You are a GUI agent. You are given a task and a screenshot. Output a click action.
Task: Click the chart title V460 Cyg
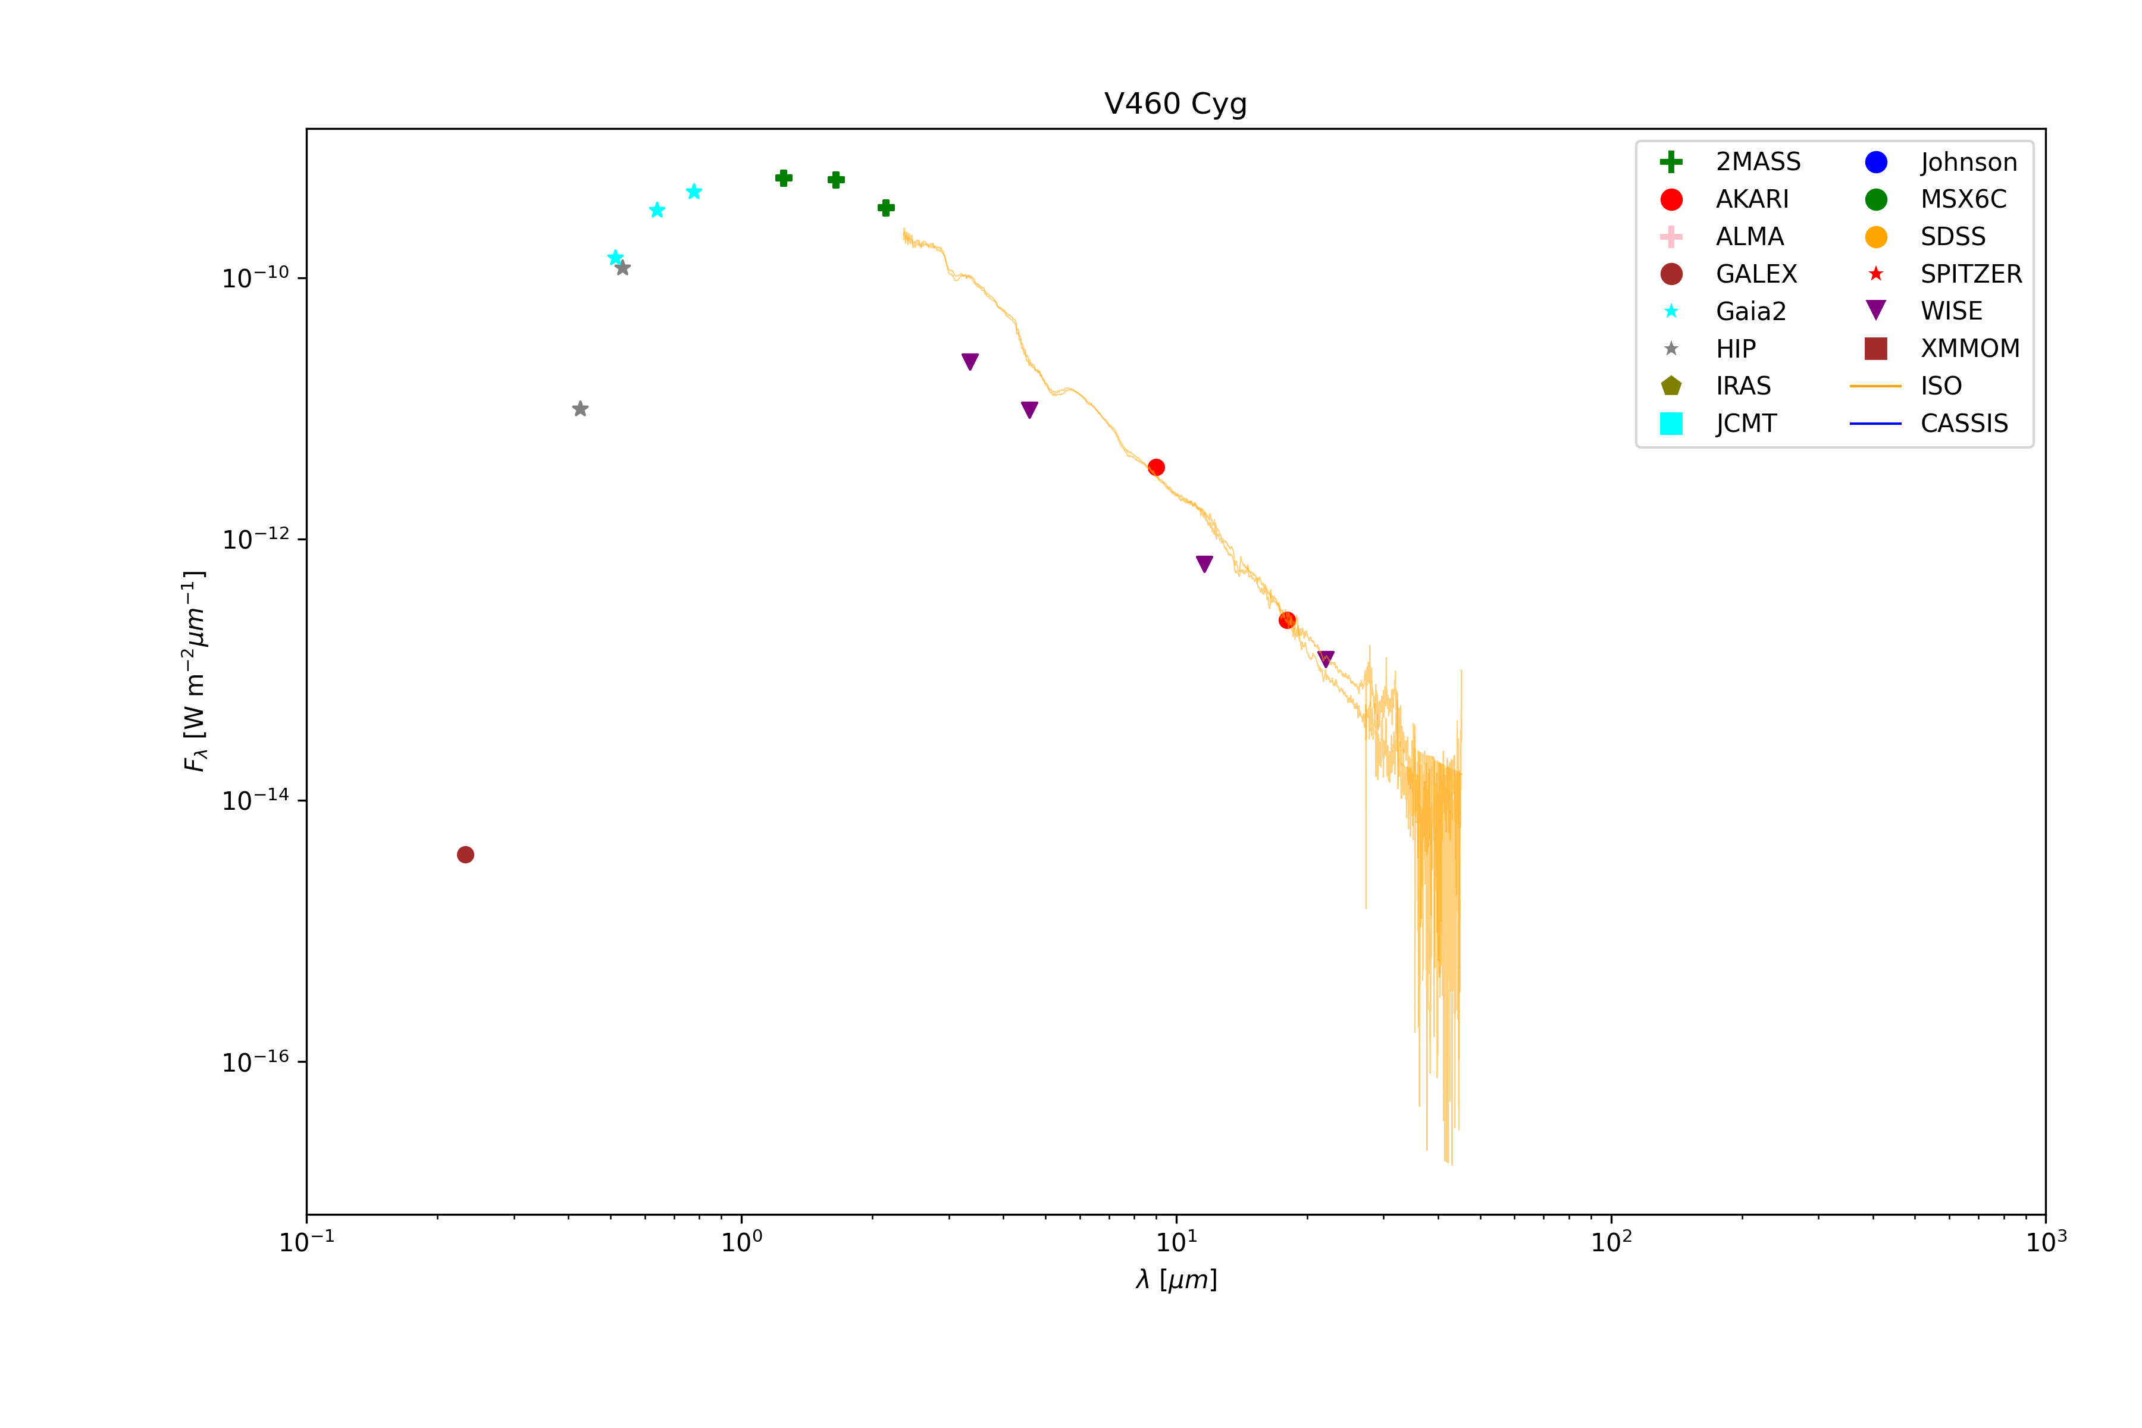click(1175, 104)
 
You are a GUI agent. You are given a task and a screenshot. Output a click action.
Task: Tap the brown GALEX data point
click(465, 854)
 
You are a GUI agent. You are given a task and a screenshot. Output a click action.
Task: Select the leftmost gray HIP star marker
click(580, 409)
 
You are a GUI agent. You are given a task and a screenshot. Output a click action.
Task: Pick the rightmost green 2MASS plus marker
click(886, 208)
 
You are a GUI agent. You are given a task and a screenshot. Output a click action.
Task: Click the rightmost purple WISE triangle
click(1326, 659)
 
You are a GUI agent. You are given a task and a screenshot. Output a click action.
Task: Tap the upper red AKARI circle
click(1155, 467)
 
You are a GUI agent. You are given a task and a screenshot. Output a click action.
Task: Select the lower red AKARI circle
click(1287, 620)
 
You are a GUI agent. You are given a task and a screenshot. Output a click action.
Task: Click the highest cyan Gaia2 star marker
click(694, 191)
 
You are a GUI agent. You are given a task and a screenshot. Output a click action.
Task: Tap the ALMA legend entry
click(1749, 237)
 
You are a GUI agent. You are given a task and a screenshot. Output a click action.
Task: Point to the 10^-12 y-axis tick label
click(255, 539)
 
